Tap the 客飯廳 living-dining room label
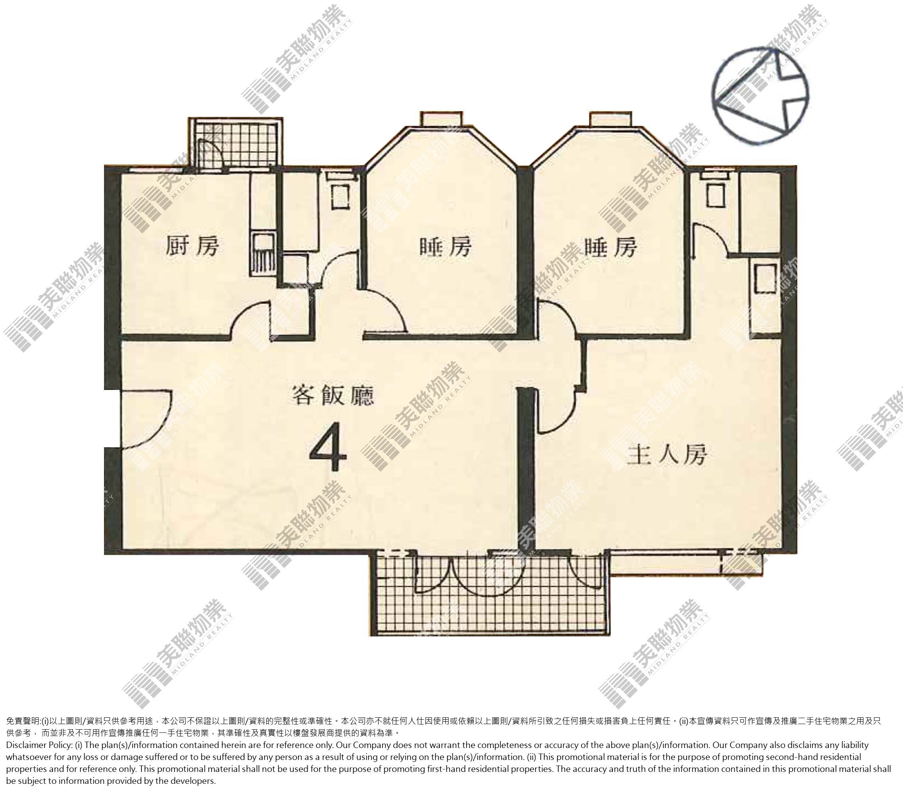point(333,395)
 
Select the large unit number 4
point(328,446)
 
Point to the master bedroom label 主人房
point(667,455)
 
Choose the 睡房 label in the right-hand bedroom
point(611,247)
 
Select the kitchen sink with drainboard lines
point(263,255)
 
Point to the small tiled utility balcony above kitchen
point(236,143)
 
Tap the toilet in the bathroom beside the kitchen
point(340,195)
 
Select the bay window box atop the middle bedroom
point(441,119)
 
